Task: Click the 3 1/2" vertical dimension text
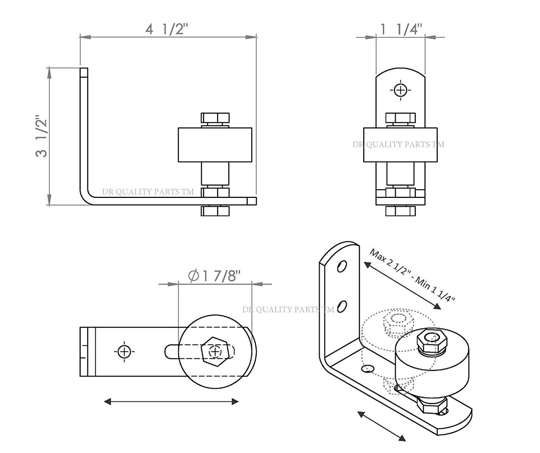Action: pos(42,137)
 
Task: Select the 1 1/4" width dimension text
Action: pos(401,29)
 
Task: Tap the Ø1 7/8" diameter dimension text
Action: pos(215,276)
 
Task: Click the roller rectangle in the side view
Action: pos(215,145)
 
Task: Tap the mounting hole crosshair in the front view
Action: pos(400,90)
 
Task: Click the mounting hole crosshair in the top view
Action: pos(124,351)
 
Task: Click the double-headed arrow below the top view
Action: pos(171,402)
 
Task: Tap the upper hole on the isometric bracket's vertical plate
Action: pos(342,267)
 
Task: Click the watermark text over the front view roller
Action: pos(398,145)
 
